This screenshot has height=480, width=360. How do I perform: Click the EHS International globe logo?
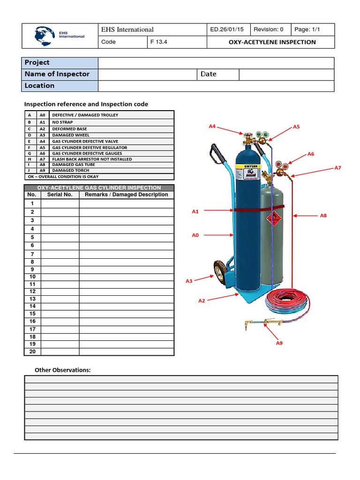point(47,35)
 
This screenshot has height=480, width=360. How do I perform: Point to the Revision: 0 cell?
point(269,30)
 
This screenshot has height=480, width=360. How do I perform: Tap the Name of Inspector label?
point(57,74)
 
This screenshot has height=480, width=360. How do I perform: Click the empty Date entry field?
point(286,74)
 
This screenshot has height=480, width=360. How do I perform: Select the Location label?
point(40,86)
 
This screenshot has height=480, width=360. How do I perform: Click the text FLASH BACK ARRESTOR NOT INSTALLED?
point(92,159)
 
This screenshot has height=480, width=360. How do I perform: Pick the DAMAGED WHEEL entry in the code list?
point(70,135)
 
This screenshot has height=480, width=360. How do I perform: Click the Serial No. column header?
point(60,195)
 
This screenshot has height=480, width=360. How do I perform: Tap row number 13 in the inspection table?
point(32,299)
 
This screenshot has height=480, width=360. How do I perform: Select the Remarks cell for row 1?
point(127,203)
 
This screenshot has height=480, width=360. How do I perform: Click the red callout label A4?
point(212,126)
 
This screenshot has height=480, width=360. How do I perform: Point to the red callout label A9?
point(279,343)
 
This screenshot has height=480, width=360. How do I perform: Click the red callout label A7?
point(337,168)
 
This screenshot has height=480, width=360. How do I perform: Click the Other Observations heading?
point(62,370)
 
